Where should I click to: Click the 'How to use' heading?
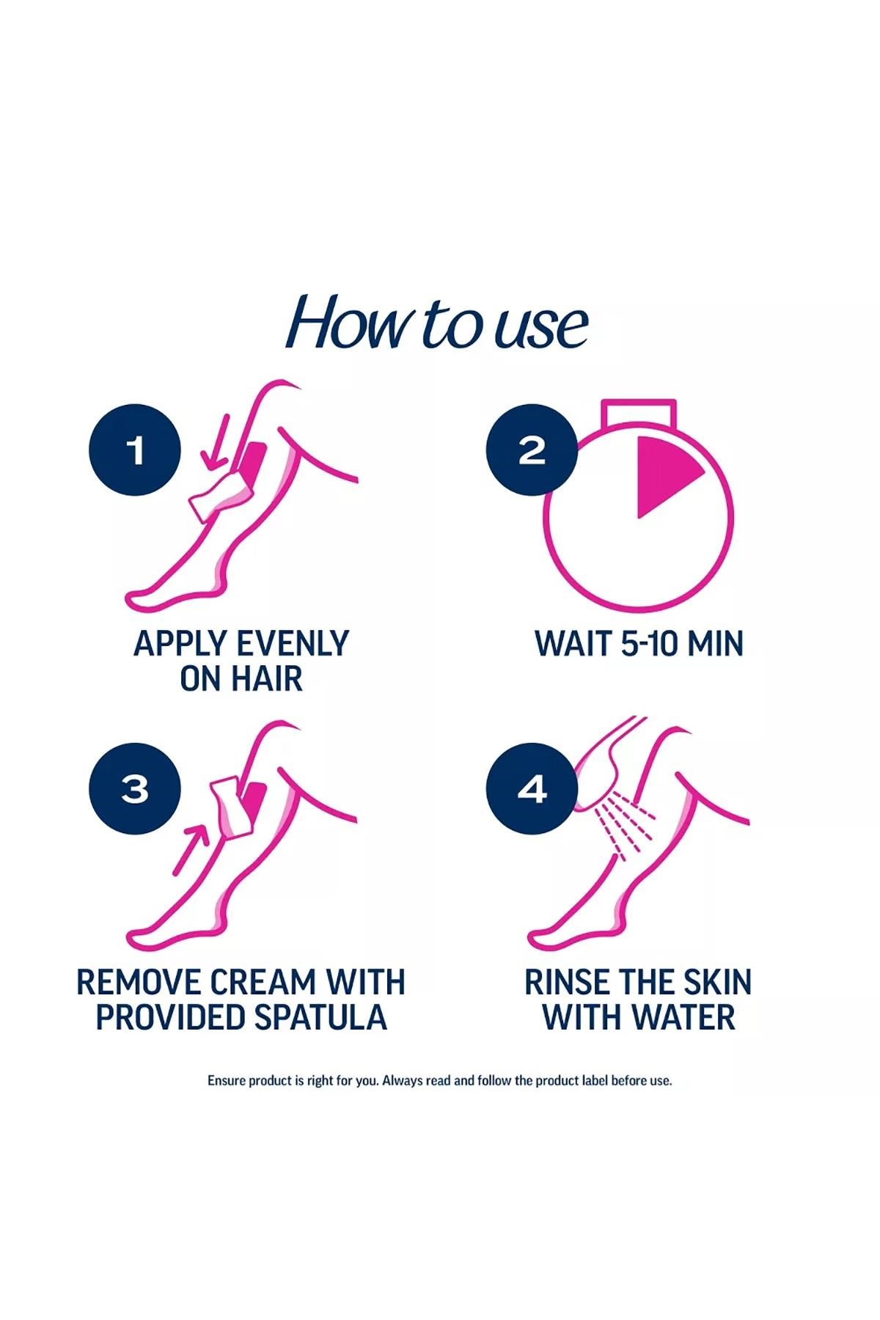point(437,323)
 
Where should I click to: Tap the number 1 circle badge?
point(135,450)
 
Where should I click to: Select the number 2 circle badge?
point(532,450)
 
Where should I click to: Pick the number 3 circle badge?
point(135,789)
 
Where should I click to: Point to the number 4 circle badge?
point(532,789)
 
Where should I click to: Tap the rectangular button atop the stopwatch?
point(638,414)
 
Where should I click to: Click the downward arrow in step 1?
point(216,442)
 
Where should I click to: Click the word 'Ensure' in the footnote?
point(227,1080)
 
